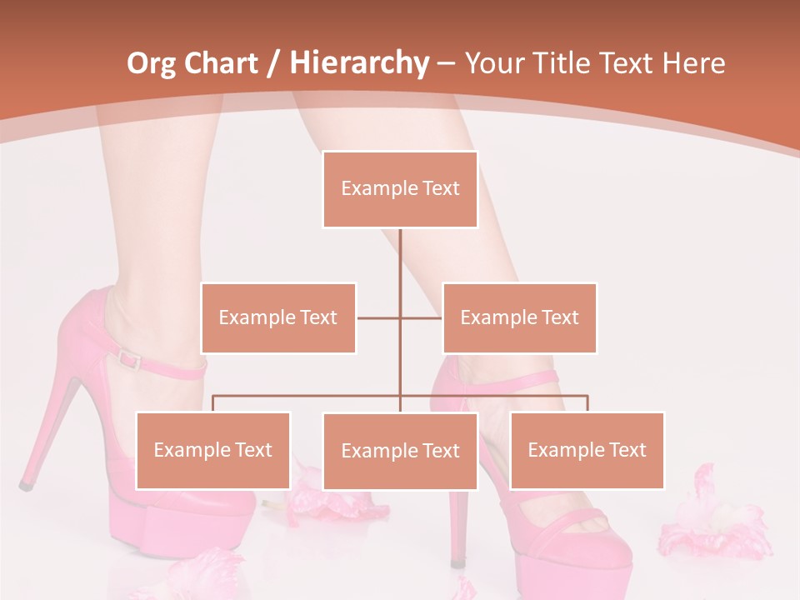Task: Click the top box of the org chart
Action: (x=400, y=189)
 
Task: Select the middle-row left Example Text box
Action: (x=278, y=317)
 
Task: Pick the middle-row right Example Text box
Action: (x=519, y=317)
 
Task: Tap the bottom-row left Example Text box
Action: (x=213, y=450)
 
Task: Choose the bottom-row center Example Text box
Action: (x=400, y=451)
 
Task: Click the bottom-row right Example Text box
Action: (x=587, y=450)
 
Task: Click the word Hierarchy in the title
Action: (x=359, y=63)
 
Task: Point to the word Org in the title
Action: (x=152, y=63)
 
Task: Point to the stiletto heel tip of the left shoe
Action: (x=26, y=484)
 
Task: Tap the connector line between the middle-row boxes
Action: (x=400, y=317)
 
